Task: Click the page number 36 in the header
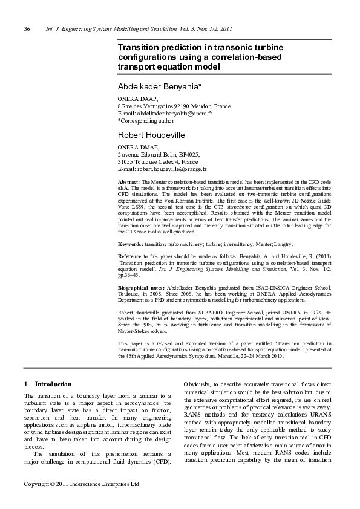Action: (x=27, y=29)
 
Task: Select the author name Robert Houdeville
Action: (x=151, y=134)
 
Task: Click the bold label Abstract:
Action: (x=129, y=182)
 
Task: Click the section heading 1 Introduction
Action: (x=48, y=384)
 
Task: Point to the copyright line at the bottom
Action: (x=82, y=501)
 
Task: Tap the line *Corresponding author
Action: (x=146, y=120)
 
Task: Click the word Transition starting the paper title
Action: (x=140, y=47)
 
